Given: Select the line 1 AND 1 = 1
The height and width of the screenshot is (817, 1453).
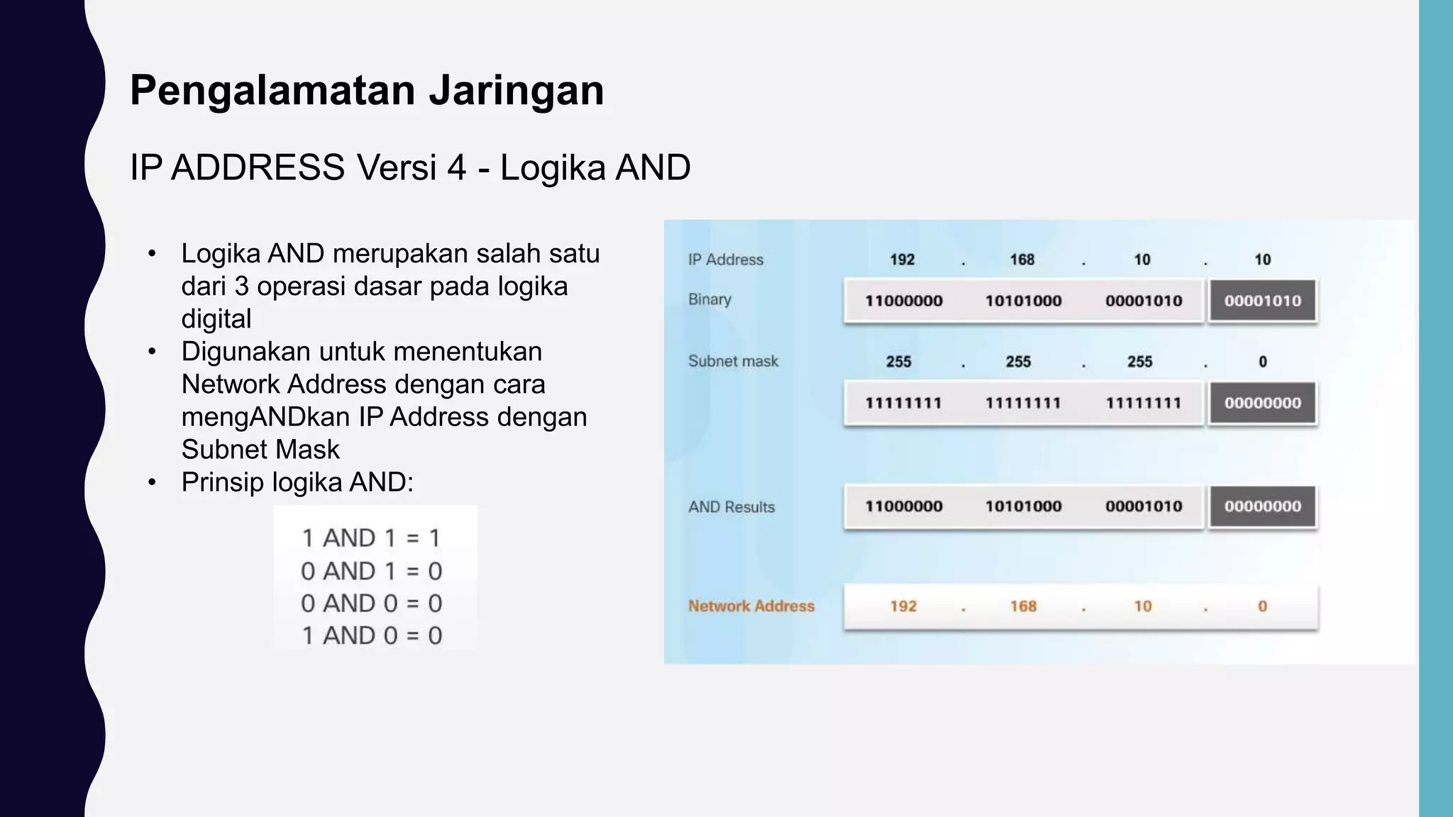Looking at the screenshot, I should point(371,538).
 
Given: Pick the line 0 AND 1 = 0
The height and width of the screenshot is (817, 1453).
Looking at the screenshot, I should point(371,571).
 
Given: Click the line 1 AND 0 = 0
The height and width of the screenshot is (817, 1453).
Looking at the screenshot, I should point(371,635).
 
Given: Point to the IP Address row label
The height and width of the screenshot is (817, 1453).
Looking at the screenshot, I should point(725,260).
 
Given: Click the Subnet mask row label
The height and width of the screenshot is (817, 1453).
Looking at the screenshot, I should point(733,362).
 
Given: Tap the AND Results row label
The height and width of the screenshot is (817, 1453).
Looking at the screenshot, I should point(731,507).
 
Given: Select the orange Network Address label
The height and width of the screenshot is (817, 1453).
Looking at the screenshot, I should point(751,606).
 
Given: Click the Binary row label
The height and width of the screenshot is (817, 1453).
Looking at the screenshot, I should point(709,299).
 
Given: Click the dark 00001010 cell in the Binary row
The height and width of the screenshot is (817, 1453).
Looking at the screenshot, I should point(1263,301).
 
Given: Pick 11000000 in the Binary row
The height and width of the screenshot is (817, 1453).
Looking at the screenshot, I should point(903,301).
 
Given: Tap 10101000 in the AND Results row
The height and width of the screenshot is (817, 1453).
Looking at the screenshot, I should point(1023,506).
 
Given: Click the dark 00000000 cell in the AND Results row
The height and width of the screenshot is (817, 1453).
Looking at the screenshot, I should point(1263,506).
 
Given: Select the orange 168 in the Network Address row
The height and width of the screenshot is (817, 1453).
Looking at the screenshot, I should point(1023,606).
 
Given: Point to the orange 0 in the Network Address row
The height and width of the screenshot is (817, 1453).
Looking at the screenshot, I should point(1262,606).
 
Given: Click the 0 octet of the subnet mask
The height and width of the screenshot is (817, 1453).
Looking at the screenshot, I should point(1263,362).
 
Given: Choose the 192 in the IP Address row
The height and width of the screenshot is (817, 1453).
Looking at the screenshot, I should point(902,260).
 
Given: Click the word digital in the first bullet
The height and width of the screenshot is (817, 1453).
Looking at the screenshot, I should point(216,319).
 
